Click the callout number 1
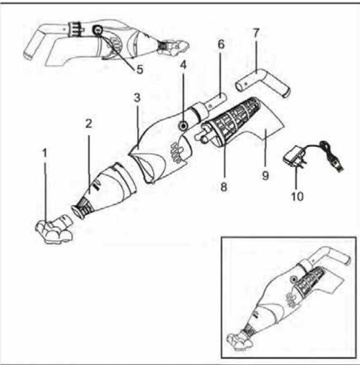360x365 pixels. click(45, 153)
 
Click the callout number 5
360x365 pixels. click(140, 69)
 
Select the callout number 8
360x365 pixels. click(224, 187)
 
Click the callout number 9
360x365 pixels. click(265, 176)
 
